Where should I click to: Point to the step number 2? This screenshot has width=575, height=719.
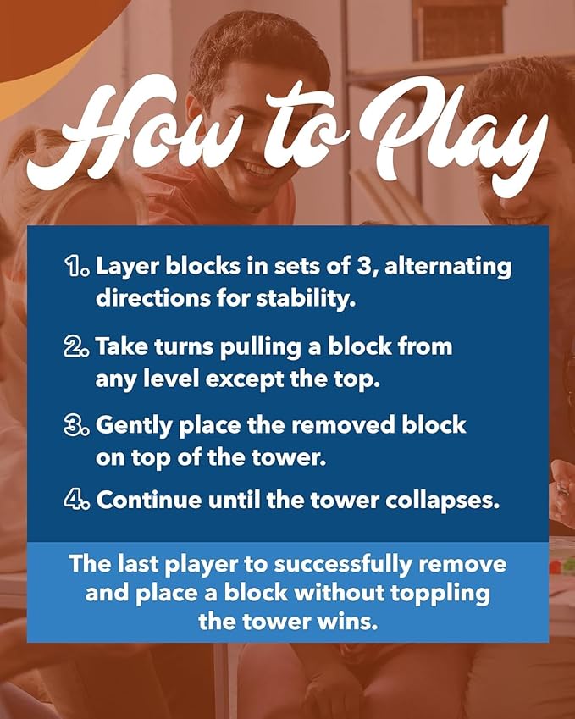click(78, 346)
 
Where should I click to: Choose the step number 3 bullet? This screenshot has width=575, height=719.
click(78, 425)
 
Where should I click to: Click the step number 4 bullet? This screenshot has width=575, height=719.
click(78, 500)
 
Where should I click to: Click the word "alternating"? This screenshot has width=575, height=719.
click(448, 267)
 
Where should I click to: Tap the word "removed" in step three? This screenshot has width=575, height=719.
click(344, 425)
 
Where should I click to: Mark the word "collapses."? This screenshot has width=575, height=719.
click(443, 501)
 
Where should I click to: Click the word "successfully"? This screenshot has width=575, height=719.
click(343, 565)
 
